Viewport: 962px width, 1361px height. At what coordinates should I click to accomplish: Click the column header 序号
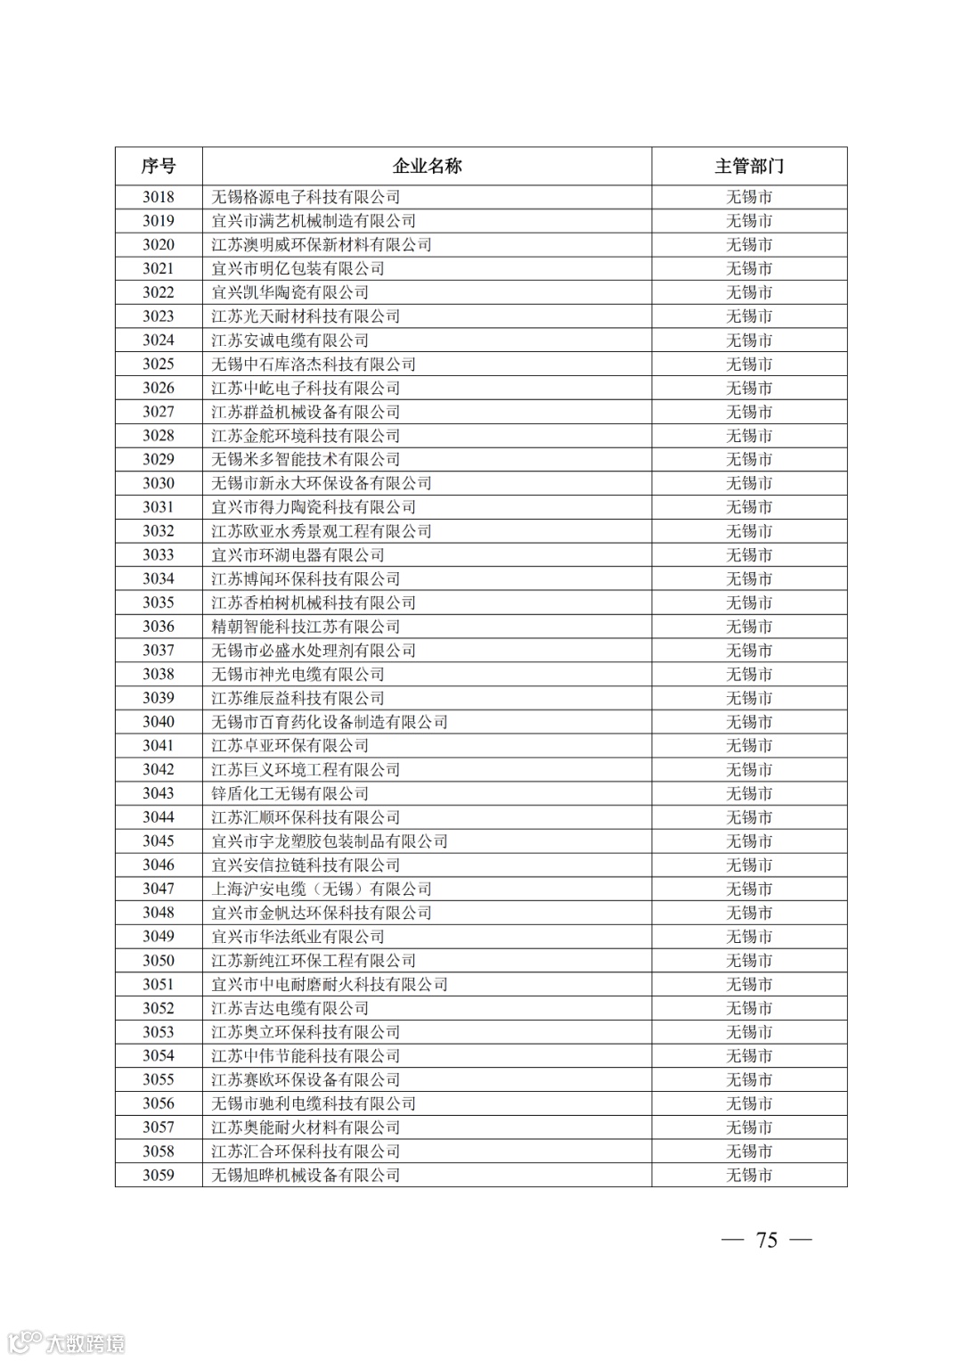(x=159, y=166)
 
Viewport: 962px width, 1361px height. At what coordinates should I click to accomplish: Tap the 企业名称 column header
(x=427, y=166)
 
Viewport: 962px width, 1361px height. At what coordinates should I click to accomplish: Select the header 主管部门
(x=749, y=166)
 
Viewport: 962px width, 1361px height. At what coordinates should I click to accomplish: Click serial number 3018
(x=159, y=197)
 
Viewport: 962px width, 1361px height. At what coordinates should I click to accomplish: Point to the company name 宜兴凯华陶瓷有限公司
(x=289, y=292)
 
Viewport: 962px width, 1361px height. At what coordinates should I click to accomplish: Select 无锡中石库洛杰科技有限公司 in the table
(x=314, y=364)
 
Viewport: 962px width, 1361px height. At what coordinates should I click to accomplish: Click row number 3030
(x=159, y=483)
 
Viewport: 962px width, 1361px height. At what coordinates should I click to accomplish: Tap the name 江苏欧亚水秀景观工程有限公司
(x=322, y=531)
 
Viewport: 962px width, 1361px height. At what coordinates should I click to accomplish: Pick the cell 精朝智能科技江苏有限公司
(x=306, y=627)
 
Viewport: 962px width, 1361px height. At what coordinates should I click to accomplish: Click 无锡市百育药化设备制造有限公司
(x=330, y=722)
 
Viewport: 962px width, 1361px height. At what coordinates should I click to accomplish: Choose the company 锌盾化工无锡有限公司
(x=289, y=793)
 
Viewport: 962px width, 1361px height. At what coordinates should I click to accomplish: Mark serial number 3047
(x=159, y=889)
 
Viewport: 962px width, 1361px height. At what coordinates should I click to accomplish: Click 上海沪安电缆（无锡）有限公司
(x=322, y=889)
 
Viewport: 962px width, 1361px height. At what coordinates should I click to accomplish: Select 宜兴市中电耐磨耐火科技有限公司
(x=330, y=984)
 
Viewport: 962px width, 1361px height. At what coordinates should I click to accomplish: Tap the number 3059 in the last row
(x=159, y=1175)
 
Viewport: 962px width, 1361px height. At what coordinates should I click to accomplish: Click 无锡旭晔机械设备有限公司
(x=306, y=1175)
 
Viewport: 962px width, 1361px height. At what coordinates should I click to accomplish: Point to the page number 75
(x=766, y=1240)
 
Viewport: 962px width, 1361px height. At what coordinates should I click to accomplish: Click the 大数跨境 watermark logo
(x=67, y=1342)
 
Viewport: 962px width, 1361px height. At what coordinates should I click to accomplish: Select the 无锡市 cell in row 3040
(x=749, y=722)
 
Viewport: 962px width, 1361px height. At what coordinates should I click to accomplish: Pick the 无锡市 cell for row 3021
(x=749, y=268)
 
